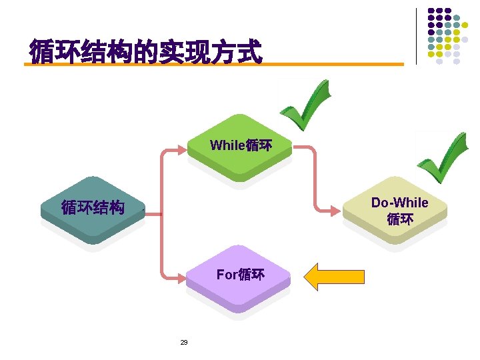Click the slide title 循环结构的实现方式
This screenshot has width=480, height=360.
tap(145, 51)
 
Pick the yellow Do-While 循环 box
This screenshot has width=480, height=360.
tap(399, 211)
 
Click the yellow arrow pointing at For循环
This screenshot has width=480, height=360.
tap(334, 276)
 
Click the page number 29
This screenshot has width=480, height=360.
tap(184, 343)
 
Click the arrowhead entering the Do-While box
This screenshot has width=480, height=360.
tap(335, 211)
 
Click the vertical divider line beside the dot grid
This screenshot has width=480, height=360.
tap(416, 36)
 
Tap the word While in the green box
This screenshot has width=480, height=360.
tap(227, 145)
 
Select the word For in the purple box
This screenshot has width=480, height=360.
tap(227, 275)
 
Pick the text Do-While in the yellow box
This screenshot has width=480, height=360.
tap(399, 203)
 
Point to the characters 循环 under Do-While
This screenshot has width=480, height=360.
tap(400, 219)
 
